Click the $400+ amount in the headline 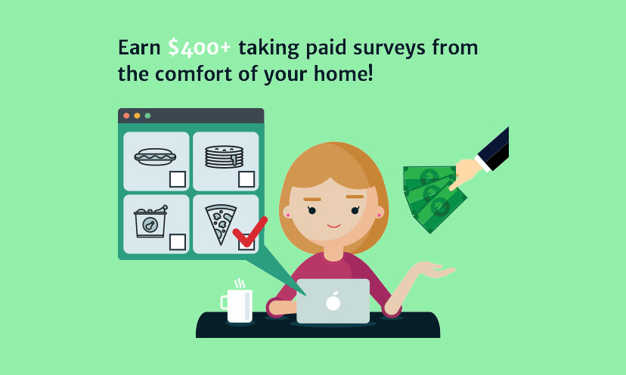coord(200,47)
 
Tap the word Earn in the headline coord(139,47)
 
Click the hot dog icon coord(155,157)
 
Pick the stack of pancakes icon coord(224,157)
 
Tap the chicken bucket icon coord(150,222)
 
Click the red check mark coord(249,232)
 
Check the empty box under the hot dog coord(178,179)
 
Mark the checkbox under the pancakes coord(246,179)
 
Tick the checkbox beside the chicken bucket coord(178,242)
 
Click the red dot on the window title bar coord(126,116)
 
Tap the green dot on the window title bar coord(147,116)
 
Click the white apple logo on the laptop coord(333,302)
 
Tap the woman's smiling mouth coord(333,226)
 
